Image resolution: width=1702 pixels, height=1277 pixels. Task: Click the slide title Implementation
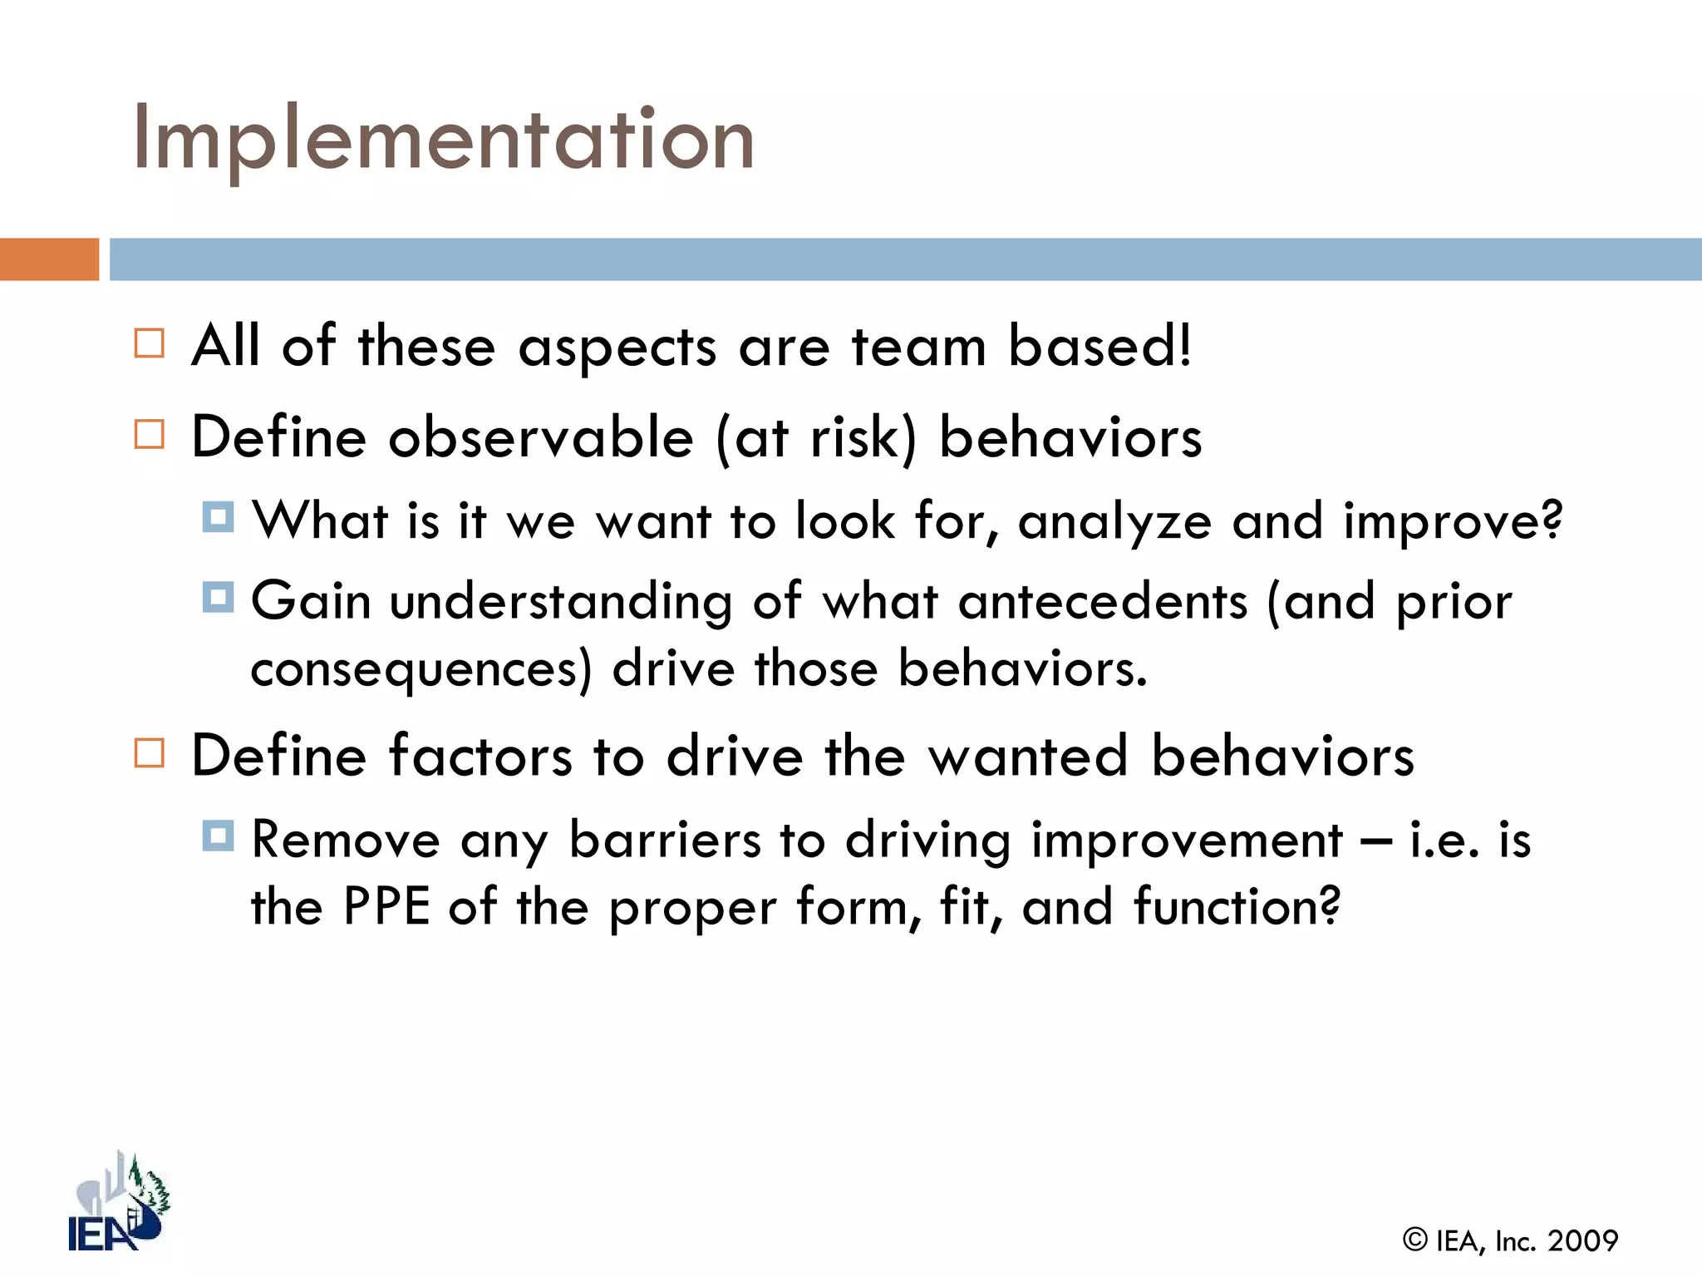(x=443, y=140)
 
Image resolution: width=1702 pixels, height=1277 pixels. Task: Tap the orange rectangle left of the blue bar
(x=49, y=259)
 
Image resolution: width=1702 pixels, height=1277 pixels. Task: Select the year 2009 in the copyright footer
(x=1582, y=1241)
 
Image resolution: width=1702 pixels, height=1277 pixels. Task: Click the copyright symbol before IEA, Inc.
(x=1414, y=1240)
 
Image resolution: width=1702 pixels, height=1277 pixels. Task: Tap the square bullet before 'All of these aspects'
(x=150, y=343)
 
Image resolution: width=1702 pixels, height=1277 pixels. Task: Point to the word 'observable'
(x=541, y=437)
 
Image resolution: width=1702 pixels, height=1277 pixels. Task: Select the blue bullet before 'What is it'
(x=218, y=517)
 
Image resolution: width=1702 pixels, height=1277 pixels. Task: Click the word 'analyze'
(x=1114, y=523)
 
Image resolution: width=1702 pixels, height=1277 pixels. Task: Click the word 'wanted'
(x=1028, y=757)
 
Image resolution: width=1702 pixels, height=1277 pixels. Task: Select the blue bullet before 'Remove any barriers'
(x=218, y=835)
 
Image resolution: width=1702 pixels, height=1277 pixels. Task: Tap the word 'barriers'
(x=664, y=840)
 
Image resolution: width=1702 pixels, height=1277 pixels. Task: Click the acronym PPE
(x=386, y=906)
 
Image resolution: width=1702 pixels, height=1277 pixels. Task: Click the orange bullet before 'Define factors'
(x=150, y=753)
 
